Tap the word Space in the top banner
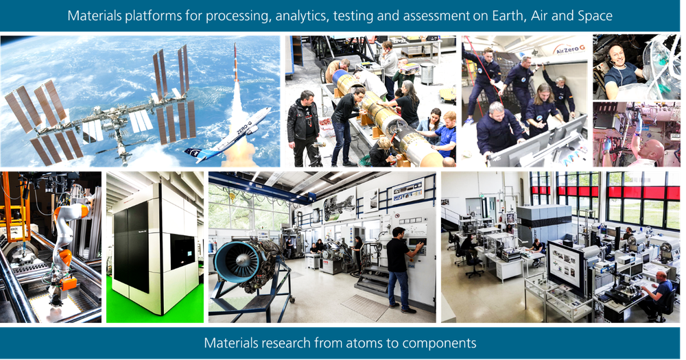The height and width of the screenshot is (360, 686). tap(593, 16)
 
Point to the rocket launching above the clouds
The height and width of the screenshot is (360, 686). tap(236, 62)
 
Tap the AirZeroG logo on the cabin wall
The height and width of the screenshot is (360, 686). tap(569, 49)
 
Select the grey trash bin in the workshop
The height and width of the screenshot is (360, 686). tap(427, 74)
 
